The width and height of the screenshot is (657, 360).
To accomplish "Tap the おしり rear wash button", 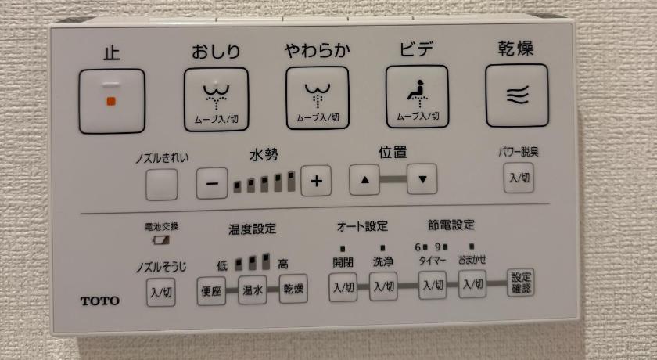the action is coord(216,99).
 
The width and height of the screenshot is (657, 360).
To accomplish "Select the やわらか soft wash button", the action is coord(318,98).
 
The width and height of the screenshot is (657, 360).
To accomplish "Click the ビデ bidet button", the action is coord(418,96).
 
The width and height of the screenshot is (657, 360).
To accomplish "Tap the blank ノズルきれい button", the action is coord(162,185).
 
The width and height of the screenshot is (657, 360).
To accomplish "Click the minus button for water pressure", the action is coord(212,183).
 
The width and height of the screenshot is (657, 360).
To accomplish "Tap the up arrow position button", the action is coord(364,180).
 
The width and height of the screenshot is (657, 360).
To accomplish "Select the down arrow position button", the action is coord(422,179).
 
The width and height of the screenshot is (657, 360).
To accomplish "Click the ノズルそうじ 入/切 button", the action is coord(161,292).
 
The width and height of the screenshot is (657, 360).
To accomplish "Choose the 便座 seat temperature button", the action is coord(211,290).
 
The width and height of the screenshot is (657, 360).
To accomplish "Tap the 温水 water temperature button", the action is coord(253,290).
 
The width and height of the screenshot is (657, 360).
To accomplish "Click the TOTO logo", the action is coord(100,301).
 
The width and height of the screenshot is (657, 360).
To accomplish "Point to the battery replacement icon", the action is coord(161,240).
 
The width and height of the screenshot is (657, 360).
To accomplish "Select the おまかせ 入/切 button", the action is coord(472,284).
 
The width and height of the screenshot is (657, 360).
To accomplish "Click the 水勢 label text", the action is coord(264,155).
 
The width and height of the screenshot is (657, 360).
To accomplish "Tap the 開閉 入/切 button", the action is coord(343,287).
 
